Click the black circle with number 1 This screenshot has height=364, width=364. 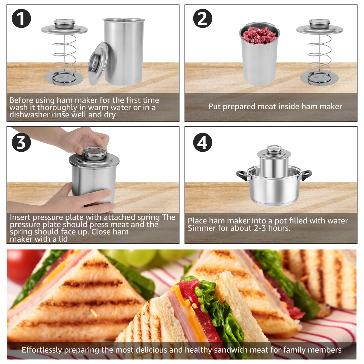(21, 18)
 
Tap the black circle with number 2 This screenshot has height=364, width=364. (203, 18)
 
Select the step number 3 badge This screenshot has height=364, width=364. (21, 142)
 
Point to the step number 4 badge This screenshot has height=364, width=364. (203, 142)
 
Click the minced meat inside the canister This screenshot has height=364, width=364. (259, 35)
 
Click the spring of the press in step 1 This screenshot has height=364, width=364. (64, 54)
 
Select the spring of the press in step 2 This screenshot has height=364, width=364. (319, 54)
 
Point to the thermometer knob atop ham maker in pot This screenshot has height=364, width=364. (274, 149)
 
